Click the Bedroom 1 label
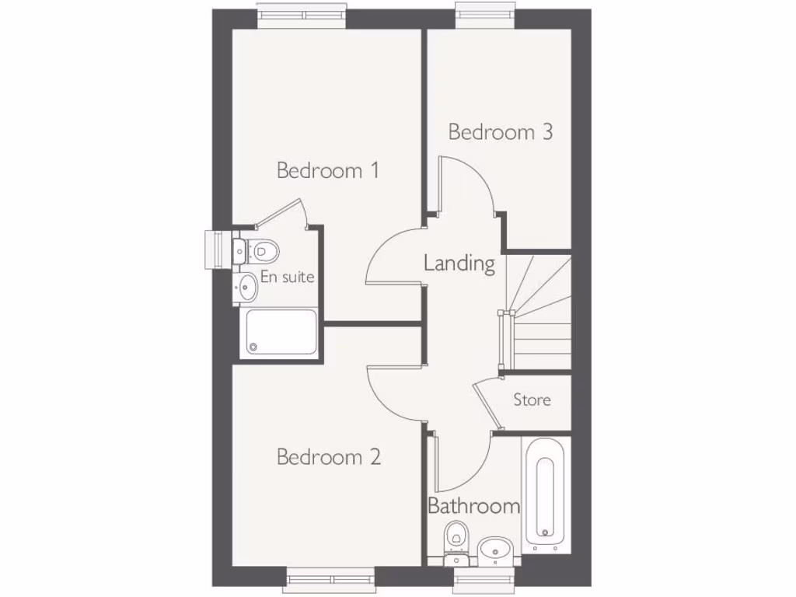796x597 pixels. click(x=328, y=170)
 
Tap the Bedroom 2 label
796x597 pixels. click(x=328, y=456)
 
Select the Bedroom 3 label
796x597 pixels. click(x=501, y=132)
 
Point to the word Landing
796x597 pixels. click(x=459, y=264)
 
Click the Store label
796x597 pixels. click(x=532, y=400)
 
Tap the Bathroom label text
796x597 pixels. click(x=473, y=507)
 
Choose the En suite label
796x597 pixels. click(x=287, y=277)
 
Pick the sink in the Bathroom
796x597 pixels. click(x=494, y=548)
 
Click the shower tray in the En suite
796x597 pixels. click(x=281, y=332)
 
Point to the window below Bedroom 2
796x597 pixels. click(x=330, y=579)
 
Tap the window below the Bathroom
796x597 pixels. click(x=485, y=579)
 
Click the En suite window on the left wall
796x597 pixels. click(x=214, y=250)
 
